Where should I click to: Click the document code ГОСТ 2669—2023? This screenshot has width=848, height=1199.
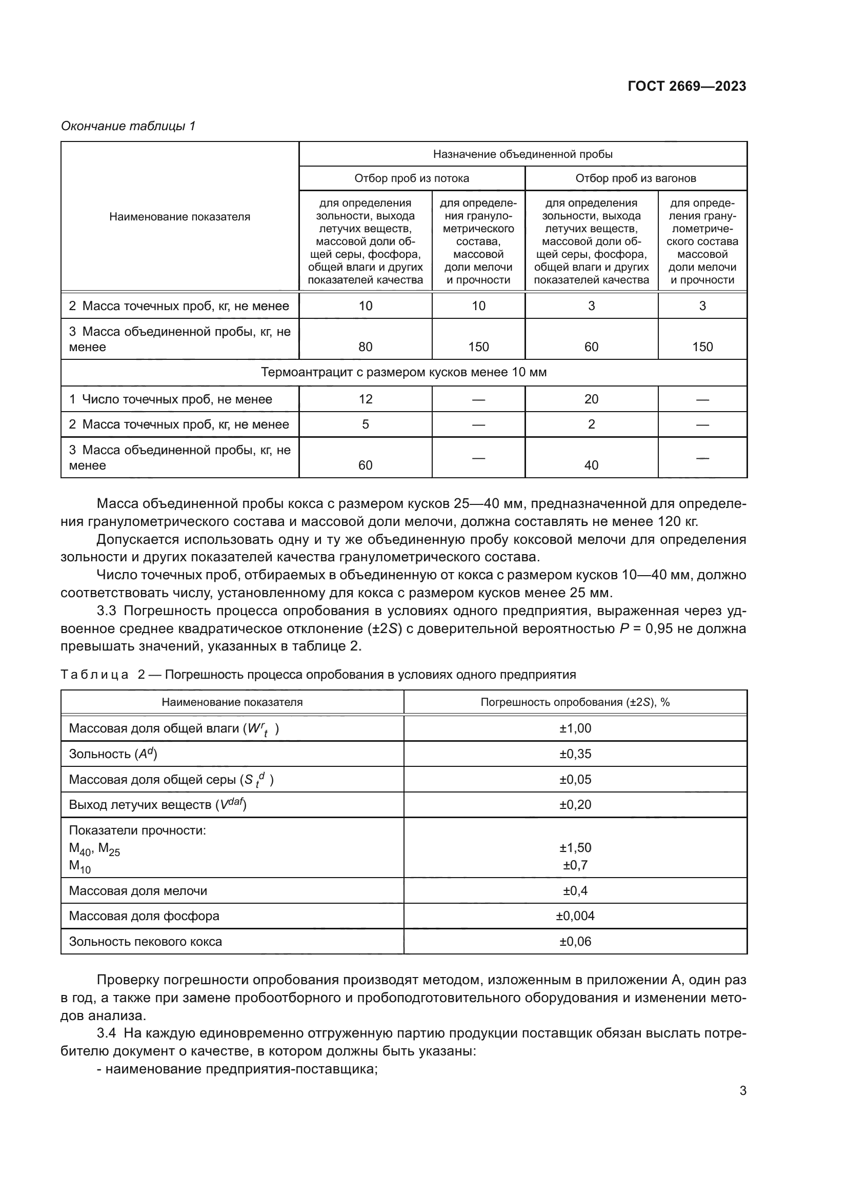tap(687, 86)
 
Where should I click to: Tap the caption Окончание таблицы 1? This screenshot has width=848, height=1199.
tap(128, 126)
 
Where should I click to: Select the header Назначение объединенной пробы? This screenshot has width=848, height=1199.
tap(522, 154)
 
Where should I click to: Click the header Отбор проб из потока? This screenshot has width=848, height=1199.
tap(412, 178)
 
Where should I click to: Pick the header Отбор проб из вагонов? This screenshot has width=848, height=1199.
tap(635, 178)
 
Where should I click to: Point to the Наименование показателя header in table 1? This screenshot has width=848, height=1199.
tap(179, 217)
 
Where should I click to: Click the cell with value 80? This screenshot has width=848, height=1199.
tap(366, 347)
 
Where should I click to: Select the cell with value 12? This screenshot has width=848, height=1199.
tap(366, 399)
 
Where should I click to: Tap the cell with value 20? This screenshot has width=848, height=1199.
tap(591, 399)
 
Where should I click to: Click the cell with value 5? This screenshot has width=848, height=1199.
tap(366, 424)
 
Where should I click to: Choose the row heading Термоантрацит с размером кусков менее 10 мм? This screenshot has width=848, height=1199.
tap(403, 372)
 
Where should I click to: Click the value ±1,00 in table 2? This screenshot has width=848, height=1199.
tap(575, 728)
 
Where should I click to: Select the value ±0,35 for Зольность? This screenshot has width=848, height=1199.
tap(575, 754)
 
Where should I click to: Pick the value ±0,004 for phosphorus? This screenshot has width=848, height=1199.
tap(575, 916)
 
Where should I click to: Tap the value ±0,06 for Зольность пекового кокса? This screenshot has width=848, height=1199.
tap(575, 941)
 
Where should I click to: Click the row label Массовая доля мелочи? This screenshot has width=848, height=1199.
tap(138, 890)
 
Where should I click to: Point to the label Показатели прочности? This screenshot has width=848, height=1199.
tap(137, 830)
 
